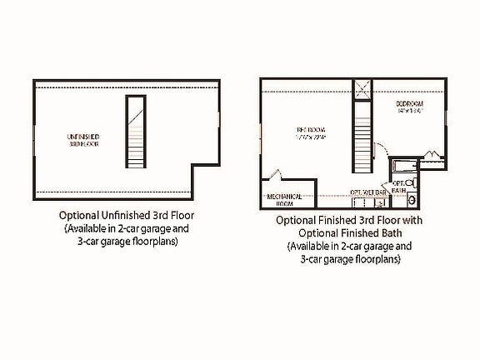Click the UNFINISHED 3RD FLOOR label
pyautogui.click(x=83, y=138)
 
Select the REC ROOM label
pyautogui.click(x=309, y=130)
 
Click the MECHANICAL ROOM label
pyautogui.click(x=284, y=199)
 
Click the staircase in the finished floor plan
pyautogui.click(x=362, y=137)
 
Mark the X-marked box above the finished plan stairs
pyautogui.click(x=362, y=91)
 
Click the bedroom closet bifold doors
pyautogui.click(x=434, y=154)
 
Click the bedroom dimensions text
pyautogui.click(x=411, y=110)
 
